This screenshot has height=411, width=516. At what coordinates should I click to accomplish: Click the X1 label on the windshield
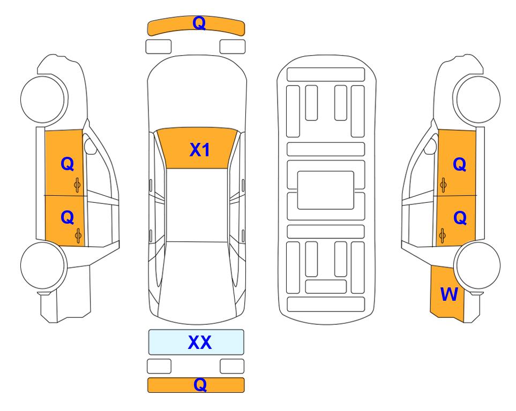pyautogui.click(x=200, y=150)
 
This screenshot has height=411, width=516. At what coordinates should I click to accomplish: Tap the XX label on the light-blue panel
pyautogui.click(x=200, y=342)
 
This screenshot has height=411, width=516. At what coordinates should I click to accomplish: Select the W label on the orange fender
pyautogui.click(x=449, y=294)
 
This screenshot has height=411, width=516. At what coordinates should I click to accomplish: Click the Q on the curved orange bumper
pyautogui.click(x=199, y=23)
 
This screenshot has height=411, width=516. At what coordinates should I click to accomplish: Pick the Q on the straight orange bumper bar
pyautogui.click(x=200, y=384)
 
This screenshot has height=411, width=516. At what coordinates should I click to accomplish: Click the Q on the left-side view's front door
pyautogui.click(x=67, y=163)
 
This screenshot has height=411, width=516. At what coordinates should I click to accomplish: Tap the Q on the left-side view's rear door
pyautogui.click(x=67, y=217)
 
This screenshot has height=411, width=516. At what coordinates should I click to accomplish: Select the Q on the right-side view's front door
pyautogui.click(x=459, y=164)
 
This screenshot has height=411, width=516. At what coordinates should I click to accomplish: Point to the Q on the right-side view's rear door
pyautogui.click(x=460, y=218)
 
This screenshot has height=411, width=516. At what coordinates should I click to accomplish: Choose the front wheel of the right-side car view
pyautogui.click(x=477, y=100)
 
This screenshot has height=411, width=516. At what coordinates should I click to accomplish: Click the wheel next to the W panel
pyautogui.click(x=477, y=265)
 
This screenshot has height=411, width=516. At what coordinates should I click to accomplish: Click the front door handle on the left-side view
pyautogui.click(x=77, y=185)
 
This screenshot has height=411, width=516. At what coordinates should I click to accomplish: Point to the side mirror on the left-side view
pyautogui.click(x=89, y=146)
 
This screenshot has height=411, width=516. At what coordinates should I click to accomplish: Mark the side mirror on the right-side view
pyautogui.click(x=430, y=146)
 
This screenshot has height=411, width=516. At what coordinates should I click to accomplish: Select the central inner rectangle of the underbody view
pyautogui.click(x=325, y=190)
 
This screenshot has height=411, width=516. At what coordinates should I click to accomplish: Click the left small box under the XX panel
pyautogui.click(x=159, y=366)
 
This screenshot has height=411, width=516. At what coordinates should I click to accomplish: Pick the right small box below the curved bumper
pyautogui.click(x=233, y=47)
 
